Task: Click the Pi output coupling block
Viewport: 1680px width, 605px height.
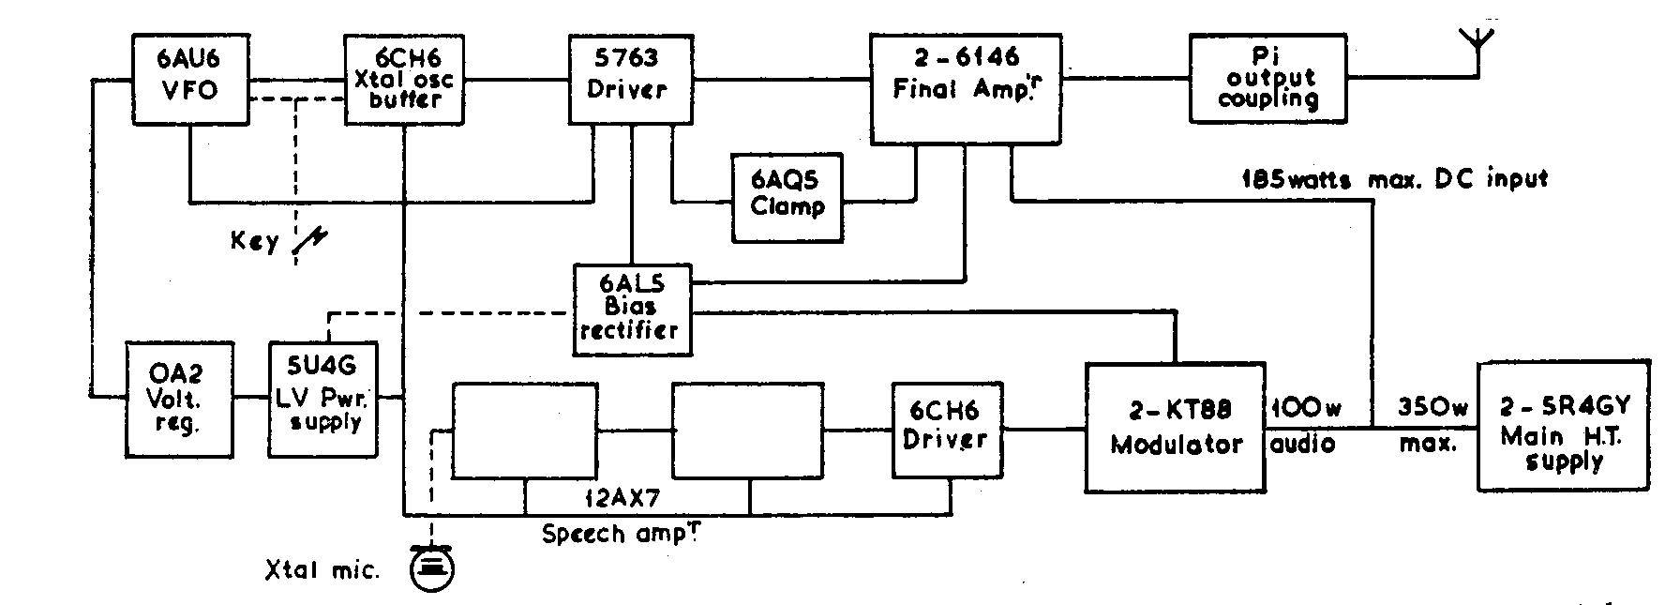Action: [x=1268, y=79]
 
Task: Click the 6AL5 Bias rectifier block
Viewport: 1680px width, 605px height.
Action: [x=632, y=310]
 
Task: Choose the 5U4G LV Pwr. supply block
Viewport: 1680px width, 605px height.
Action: [x=323, y=399]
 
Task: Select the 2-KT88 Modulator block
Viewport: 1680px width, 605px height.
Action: [x=1176, y=427]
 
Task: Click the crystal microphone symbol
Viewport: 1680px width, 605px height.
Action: [x=432, y=567]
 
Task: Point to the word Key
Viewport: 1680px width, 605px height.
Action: [x=255, y=241]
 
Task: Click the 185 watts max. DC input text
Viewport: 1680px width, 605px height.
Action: [x=1394, y=177]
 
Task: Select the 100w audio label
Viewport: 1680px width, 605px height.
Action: [x=1304, y=424]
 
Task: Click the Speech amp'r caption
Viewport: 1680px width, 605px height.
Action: [x=622, y=535]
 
